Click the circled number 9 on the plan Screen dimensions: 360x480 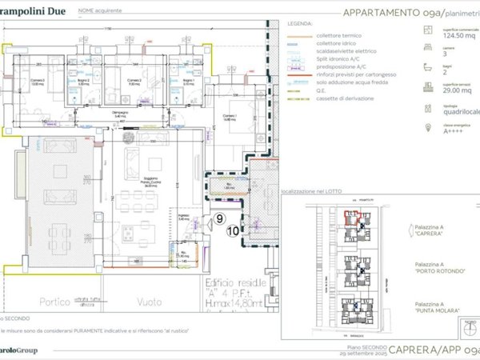pyautogui.click(x=220, y=218)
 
